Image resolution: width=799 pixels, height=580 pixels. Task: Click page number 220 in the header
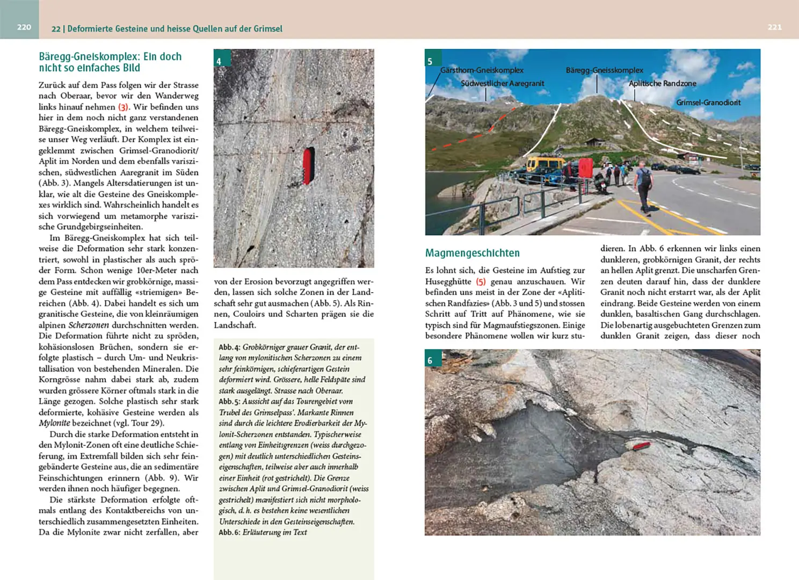point(24,27)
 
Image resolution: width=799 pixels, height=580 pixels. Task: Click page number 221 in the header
point(774,27)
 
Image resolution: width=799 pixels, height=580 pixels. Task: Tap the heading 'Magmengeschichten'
point(472,253)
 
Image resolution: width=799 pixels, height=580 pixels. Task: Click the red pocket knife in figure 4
point(308,166)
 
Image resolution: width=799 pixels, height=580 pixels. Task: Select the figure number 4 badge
point(219,61)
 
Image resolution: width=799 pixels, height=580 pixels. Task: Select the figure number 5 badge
point(430,61)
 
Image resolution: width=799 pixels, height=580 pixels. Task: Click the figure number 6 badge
point(430,360)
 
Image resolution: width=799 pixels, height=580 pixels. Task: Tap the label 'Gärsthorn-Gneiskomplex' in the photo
point(482,70)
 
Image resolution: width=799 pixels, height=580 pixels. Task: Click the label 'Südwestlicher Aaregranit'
point(502,84)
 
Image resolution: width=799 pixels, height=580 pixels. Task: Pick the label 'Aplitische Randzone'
point(662,84)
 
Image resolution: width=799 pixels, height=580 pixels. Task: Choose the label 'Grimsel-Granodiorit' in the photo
point(708,103)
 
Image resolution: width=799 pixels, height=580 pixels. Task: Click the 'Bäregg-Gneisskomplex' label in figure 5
point(604,70)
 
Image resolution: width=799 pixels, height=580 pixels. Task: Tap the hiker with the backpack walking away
point(643,186)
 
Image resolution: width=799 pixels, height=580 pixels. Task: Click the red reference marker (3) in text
point(124,107)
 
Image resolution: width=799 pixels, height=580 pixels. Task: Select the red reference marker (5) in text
point(481,281)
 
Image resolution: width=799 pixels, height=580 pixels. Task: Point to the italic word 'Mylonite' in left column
point(54,423)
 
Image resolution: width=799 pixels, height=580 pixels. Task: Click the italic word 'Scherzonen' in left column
point(89,325)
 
